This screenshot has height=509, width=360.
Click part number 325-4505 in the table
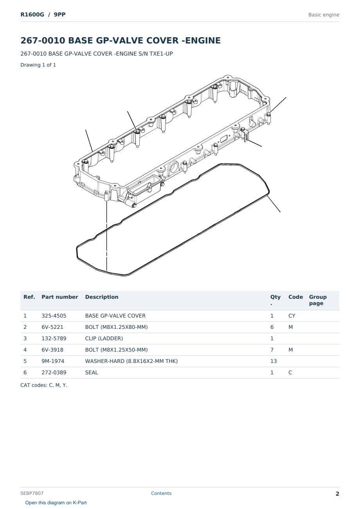tap(54, 316)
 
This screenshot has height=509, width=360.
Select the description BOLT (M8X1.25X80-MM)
tap(116, 327)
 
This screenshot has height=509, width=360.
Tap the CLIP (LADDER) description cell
tap(104, 338)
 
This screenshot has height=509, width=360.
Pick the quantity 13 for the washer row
tap(274, 361)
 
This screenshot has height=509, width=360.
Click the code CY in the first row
tap(292, 316)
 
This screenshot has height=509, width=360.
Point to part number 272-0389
tap(54, 372)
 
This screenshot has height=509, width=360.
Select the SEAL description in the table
tap(92, 372)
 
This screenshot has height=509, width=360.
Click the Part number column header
tap(60, 297)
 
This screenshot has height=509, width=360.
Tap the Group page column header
tap(318, 300)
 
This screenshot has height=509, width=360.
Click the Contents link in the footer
tap(161, 493)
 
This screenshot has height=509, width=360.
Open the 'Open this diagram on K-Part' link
tap(56, 502)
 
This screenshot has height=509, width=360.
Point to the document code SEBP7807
tap(32, 493)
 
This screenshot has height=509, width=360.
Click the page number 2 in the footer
tap(337, 494)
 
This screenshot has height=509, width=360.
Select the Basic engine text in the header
tap(324, 15)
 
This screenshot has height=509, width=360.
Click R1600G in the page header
tap(32, 14)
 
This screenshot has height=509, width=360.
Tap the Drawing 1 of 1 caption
tap(38, 65)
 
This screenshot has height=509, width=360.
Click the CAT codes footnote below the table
tap(43, 385)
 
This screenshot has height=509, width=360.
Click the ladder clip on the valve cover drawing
tap(245, 135)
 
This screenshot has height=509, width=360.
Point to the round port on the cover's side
tap(173, 167)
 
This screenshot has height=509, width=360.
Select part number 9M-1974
tap(53, 361)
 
